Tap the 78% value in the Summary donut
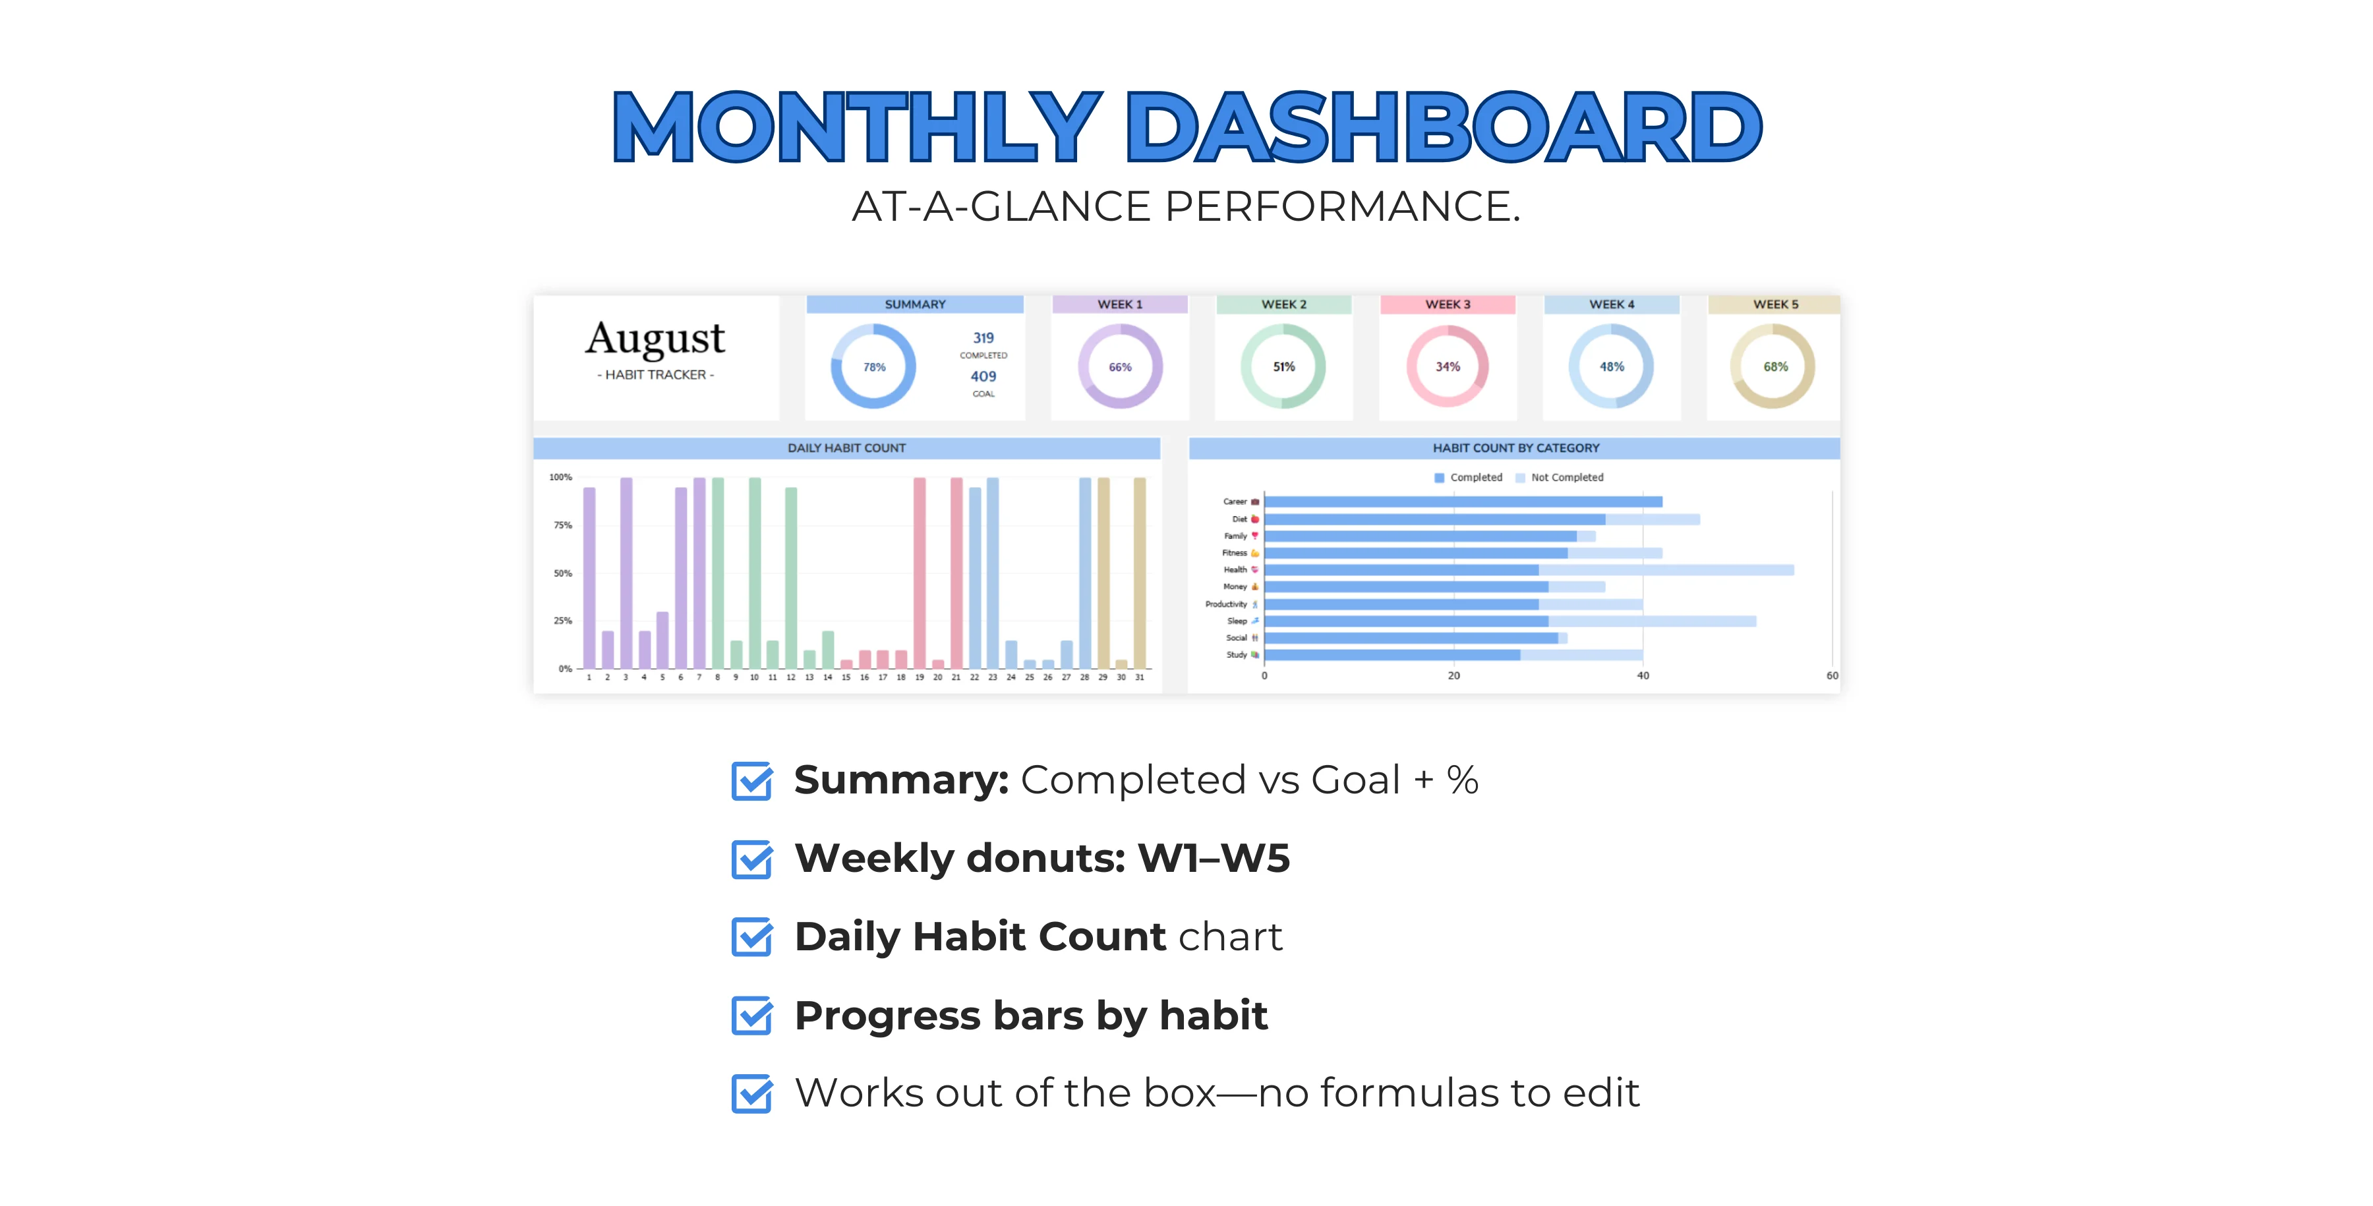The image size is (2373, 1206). click(874, 366)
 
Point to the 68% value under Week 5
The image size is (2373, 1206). click(1775, 366)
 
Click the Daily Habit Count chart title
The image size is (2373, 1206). click(846, 447)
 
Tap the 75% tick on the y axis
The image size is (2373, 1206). click(562, 525)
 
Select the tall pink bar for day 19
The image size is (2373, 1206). click(920, 573)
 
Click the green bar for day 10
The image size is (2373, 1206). click(755, 573)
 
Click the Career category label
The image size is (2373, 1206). click(1235, 502)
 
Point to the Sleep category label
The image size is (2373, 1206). click(1236, 621)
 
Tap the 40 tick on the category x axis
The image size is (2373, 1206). click(1643, 675)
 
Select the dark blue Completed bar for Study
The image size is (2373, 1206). click(1393, 655)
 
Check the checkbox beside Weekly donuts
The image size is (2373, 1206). click(751, 859)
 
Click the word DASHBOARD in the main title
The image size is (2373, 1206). click(1444, 127)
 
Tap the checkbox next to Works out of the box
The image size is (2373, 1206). click(751, 1093)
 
